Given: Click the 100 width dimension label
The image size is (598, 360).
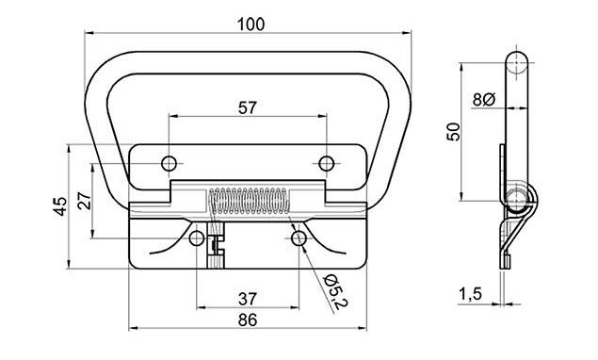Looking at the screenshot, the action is [251, 25].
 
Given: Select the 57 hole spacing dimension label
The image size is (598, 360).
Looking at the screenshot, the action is [248, 108].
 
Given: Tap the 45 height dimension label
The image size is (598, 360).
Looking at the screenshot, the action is [61, 206].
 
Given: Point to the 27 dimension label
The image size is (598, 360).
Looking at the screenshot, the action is [85, 201].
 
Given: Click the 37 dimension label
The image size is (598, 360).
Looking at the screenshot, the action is [248, 299].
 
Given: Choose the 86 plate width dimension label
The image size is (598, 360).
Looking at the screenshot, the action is [248, 320].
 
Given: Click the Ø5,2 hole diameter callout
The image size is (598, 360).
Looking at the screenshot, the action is [336, 291].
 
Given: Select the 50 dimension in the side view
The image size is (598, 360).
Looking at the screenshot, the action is [454, 132].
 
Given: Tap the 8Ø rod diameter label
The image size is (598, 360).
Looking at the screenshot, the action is [484, 100].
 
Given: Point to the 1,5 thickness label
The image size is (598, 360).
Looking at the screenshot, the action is [470, 294].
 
